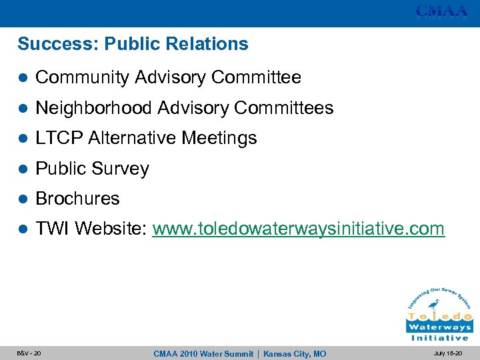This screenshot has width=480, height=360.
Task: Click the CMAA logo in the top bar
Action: [x=441, y=11]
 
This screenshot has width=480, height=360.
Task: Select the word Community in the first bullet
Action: [x=82, y=78]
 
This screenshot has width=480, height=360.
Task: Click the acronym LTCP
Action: [x=59, y=138]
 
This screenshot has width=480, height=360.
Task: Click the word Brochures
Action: [x=77, y=199]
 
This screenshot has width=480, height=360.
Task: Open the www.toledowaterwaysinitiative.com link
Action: [x=298, y=229]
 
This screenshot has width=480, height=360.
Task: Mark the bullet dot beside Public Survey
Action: [x=23, y=169]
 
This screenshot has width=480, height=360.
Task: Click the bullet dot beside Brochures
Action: [x=23, y=199]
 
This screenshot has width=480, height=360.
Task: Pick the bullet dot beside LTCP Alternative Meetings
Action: [x=23, y=138]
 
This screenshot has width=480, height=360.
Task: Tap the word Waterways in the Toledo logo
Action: [x=439, y=327]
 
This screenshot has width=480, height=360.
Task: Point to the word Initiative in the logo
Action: [x=439, y=338]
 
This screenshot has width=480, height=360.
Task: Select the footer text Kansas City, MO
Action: [x=295, y=353]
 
